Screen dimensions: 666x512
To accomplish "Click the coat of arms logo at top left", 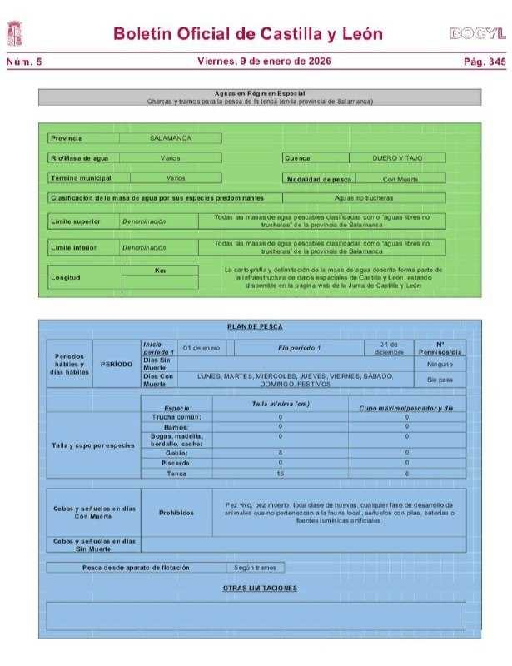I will (15, 34).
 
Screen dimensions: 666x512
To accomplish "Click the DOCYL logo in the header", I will (477, 34).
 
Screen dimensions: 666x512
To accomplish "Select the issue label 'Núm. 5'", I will (23, 62).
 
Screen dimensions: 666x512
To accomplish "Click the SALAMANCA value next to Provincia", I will (171, 138).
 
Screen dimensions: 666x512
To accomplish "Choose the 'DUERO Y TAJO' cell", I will (396, 157).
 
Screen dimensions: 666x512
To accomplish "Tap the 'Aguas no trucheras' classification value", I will (363, 198).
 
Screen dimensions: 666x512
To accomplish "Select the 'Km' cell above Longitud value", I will (160, 271).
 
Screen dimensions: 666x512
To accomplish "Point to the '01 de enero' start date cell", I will (201, 347).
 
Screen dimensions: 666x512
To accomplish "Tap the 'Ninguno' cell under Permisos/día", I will (440, 365).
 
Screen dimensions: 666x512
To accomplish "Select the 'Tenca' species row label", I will (176, 473).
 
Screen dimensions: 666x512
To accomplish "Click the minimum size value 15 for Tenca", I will (280, 473).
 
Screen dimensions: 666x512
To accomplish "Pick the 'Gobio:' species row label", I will (176, 453).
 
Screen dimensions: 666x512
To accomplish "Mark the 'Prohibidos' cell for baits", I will (176, 513).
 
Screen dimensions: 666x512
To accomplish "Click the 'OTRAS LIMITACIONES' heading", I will (260, 589).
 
